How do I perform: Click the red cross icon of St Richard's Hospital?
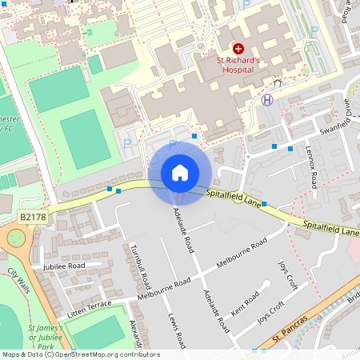click(x=238, y=49)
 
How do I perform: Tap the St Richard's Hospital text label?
click(x=238, y=65)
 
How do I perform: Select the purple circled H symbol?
click(x=267, y=100)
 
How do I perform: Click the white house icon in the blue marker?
click(x=180, y=172)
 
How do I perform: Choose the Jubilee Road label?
click(x=64, y=266)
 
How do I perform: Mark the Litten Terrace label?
click(x=90, y=310)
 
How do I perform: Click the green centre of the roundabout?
click(x=15, y=238)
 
